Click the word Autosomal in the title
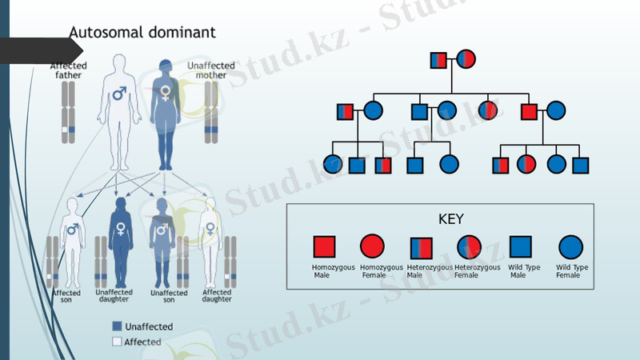point(101,33)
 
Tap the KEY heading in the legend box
point(451,218)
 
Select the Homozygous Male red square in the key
point(324,246)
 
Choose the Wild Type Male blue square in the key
point(521,246)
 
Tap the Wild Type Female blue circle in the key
point(570,246)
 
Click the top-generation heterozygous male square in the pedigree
point(438,59)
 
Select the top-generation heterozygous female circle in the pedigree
point(466,59)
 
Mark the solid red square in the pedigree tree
point(529,111)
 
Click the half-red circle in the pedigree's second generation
point(487,111)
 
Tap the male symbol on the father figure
point(119,94)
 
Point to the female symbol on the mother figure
point(166,94)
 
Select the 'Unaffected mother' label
point(210,70)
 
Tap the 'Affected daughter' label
point(217,295)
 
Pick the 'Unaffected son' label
point(169,296)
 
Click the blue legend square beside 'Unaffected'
point(117,326)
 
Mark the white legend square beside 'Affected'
point(117,342)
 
